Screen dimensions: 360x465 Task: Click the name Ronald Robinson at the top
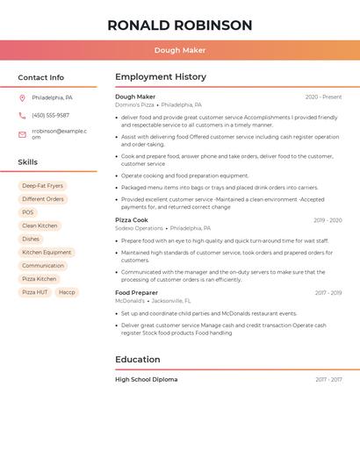coord(180,25)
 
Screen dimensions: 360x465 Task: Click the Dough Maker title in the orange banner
coord(180,50)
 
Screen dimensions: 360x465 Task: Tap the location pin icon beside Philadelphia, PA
coord(22,97)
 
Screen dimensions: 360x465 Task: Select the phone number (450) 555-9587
coord(50,115)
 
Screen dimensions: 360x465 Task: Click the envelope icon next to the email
coord(22,134)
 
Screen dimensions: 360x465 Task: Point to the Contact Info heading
coord(41,77)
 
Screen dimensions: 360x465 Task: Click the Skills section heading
coord(28,162)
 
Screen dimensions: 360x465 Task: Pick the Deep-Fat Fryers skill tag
coord(42,186)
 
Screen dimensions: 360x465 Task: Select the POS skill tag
coord(28,212)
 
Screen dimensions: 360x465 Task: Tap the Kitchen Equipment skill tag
coord(47,252)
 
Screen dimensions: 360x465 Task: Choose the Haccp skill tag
coord(67,292)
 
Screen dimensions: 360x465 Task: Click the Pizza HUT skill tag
coord(35,292)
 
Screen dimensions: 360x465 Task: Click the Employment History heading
coord(161,77)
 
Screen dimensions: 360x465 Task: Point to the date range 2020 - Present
coord(323,97)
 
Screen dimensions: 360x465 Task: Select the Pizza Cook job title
coord(132,220)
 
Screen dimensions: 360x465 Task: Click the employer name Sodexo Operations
coord(139,228)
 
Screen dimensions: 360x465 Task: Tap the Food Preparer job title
coord(136,292)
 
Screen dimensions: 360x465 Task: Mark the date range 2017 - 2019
coord(328,293)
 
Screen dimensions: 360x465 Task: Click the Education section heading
coord(138,359)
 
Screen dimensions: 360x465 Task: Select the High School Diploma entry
coord(146,379)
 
